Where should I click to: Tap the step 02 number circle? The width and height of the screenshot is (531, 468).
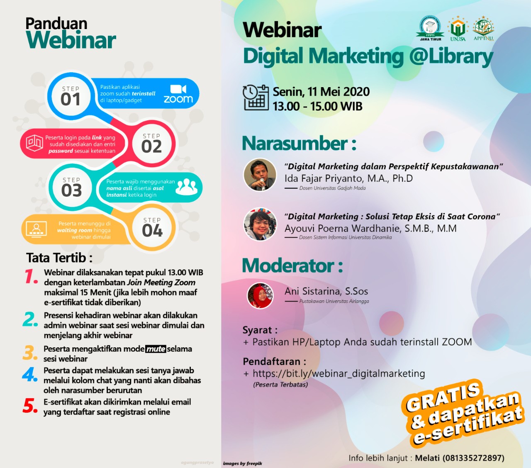point(151,144)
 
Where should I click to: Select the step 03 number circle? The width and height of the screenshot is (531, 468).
point(71,187)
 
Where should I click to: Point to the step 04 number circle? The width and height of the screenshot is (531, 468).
point(152,227)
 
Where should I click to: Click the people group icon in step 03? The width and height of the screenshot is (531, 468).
point(186,187)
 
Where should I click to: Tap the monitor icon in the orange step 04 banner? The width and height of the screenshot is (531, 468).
point(37,229)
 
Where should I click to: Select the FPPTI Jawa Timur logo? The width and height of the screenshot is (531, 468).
point(430,28)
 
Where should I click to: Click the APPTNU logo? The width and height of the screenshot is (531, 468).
point(484,28)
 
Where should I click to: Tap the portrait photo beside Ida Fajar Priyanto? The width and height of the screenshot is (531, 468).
point(260,175)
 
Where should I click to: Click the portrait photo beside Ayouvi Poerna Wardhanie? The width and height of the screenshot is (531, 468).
point(260,224)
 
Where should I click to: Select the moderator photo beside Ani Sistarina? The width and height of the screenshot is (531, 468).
point(260,295)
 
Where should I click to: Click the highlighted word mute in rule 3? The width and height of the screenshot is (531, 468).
point(156,349)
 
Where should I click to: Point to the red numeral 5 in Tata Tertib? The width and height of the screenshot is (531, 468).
point(30,406)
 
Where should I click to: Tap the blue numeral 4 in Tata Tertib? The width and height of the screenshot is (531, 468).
point(29,374)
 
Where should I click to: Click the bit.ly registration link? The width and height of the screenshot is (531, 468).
point(339,374)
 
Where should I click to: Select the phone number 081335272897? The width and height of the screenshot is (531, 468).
point(473,458)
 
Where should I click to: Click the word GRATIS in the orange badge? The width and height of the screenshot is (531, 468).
point(443,396)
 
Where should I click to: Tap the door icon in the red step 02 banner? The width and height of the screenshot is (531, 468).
point(34,143)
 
